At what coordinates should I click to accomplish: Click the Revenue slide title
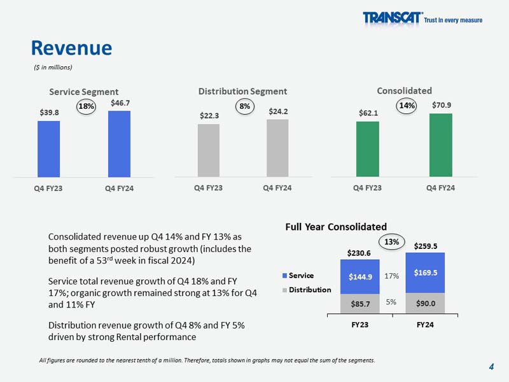[x=72, y=47]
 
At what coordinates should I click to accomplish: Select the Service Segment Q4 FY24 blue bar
[x=119, y=143]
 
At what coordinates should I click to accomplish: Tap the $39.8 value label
[x=48, y=112]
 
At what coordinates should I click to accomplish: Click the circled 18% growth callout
[x=87, y=107]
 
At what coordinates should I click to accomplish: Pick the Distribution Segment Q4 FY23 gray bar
[x=208, y=150]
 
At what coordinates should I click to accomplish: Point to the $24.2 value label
[x=277, y=111]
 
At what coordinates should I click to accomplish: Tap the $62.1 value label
[x=367, y=113]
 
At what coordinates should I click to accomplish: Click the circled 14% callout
[x=406, y=106]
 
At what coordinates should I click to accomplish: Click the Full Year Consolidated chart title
[x=335, y=227]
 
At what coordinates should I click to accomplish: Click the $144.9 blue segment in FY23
[x=360, y=276]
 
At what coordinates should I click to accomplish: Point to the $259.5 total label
[x=426, y=245]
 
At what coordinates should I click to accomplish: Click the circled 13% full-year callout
[x=393, y=242]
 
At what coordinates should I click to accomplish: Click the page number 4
[x=492, y=366]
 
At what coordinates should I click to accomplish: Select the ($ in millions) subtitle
[x=53, y=67]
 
